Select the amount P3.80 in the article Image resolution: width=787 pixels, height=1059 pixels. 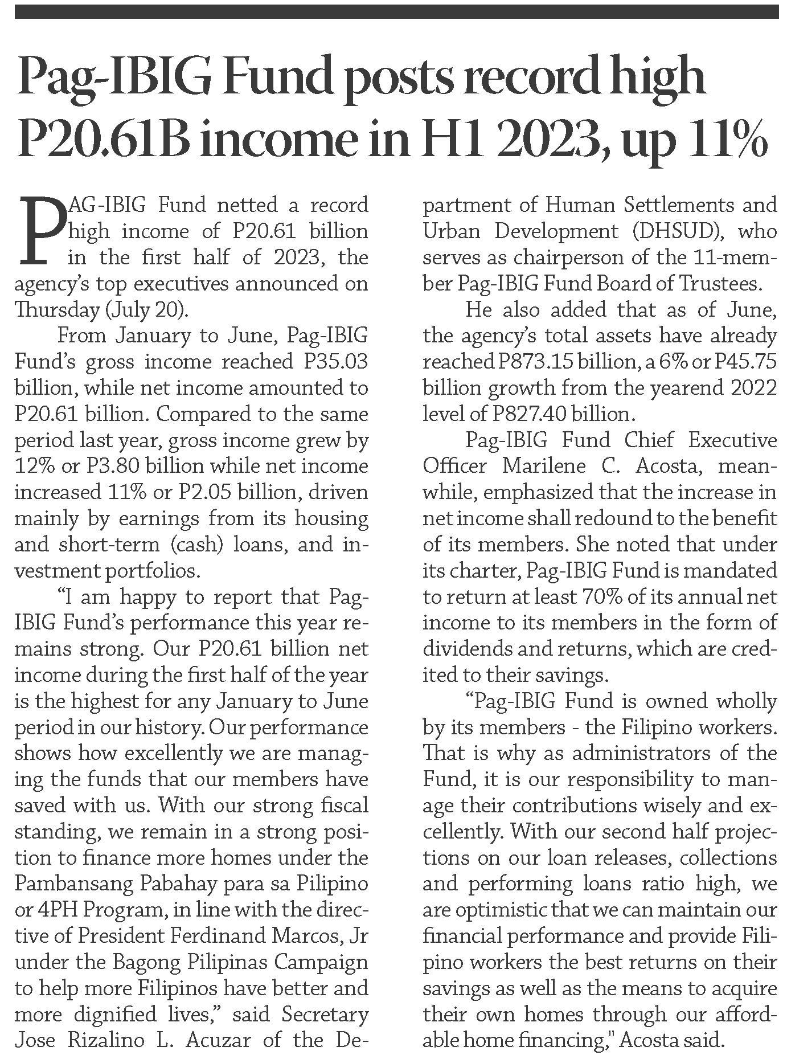click(111, 466)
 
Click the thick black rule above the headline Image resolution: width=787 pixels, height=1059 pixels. click(396, 11)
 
